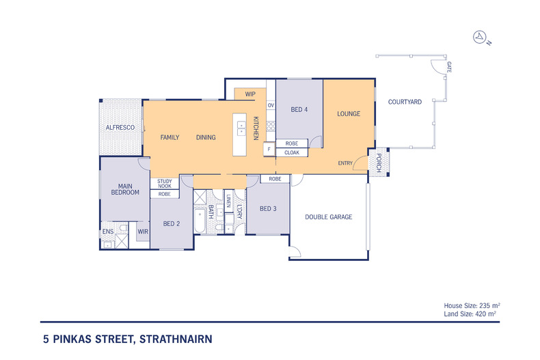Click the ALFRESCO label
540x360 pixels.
[x=119, y=128]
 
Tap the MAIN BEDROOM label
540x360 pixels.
[x=125, y=189]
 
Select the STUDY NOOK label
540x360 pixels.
[x=164, y=183]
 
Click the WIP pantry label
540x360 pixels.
[x=250, y=94]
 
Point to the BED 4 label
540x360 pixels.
[x=299, y=109]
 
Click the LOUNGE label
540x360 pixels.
[x=348, y=113]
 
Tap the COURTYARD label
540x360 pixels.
[x=405, y=102]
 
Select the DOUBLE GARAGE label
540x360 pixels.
[x=328, y=217]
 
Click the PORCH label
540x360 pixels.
[x=379, y=163]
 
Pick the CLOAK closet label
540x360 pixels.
[x=292, y=152]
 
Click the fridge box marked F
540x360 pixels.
[x=269, y=149]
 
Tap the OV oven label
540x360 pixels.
[x=271, y=105]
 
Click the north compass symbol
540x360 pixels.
[x=480, y=37]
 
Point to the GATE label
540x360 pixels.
[x=449, y=67]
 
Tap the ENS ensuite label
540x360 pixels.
[x=107, y=232]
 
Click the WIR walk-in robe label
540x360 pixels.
[x=143, y=232]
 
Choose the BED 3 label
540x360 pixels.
[x=267, y=208]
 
